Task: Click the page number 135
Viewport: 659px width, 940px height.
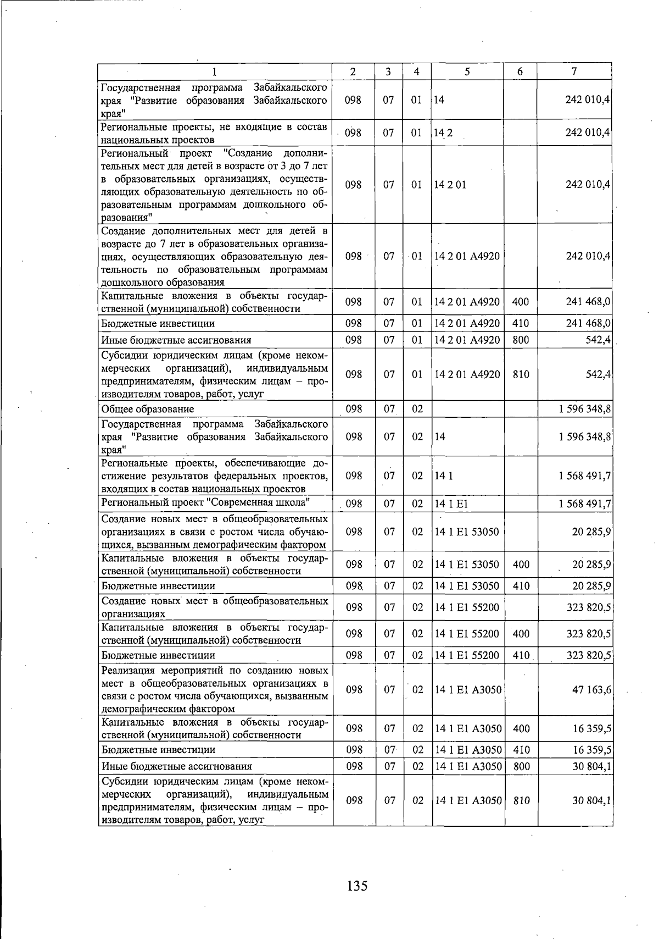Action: pyautogui.click(x=357, y=886)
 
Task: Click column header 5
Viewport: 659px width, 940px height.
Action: pyautogui.click(x=467, y=71)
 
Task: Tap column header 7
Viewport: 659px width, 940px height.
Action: pyautogui.click(x=574, y=71)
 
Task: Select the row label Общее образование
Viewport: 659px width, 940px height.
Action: pyautogui.click(x=148, y=409)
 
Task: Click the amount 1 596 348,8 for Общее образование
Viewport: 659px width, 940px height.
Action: pyautogui.click(x=585, y=409)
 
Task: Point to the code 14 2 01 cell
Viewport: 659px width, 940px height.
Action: pyautogui.click(x=450, y=185)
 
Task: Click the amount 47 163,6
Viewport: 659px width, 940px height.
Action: pyautogui.click(x=592, y=690)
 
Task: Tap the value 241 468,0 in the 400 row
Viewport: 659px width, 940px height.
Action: pyautogui.click(x=588, y=302)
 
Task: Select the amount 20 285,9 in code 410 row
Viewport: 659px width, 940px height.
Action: pyautogui.click(x=591, y=586)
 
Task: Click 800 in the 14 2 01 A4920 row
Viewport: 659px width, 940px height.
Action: pyautogui.click(x=520, y=340)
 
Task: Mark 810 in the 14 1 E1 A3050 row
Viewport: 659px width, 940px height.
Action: pyautogui.click(x=521, y=801)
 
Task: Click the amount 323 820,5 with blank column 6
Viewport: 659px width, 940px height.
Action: pyautogui.click(x=589, y=607)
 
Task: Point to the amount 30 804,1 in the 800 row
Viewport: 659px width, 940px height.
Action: pyautogui.click(x=591, y=766)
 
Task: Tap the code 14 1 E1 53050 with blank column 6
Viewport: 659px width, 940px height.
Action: pyautogui.click(x=467, y=532)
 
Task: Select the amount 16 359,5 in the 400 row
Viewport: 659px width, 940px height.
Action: pyautogui.click(x=591, y=729)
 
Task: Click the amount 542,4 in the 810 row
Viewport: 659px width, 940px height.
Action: pyautogui.click(x=598, y=374)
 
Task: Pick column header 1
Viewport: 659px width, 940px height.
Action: pyautogui.click(x=215, y=71)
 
